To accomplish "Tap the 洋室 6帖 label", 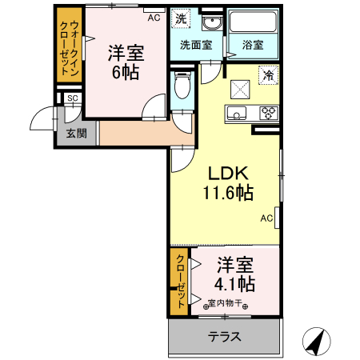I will coord(126,62).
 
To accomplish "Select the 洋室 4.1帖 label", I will coord(234,274).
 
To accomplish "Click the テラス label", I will coord(225,337).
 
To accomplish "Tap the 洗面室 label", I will coord(195,46).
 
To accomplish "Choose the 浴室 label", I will coord(252,46).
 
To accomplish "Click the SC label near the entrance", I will coord(72,98).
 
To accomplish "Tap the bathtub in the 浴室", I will coord(252,23).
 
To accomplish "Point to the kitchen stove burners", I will coord(268,113).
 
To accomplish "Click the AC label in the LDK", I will coord(267,218).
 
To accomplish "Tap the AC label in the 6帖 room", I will coord(154,16).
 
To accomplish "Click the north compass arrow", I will coord(315,342).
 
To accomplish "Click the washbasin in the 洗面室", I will coord(211,22).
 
